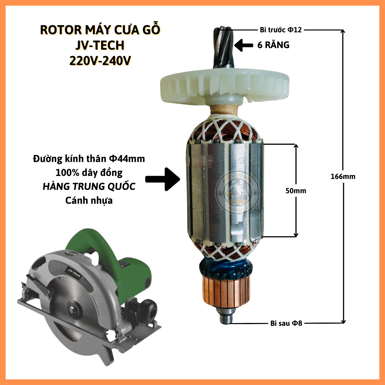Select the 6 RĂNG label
[x=274, y=45]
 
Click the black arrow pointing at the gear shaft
[x=243, y=46]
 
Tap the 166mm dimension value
[x=343, y=176]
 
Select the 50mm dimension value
[x=296, y=191]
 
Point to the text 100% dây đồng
[x=89, y=173]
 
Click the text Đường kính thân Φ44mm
[x=89, y=159]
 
